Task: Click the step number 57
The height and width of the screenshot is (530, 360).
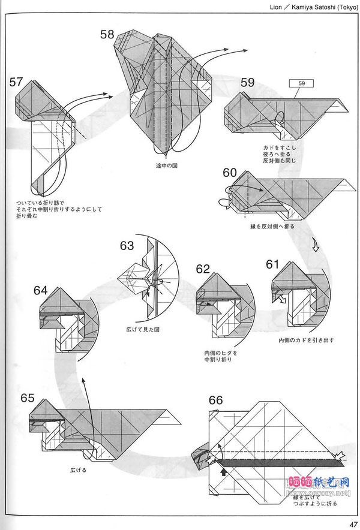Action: pyautogui.click(x=17, y=82)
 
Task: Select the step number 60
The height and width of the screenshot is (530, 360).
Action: pyautogui.click(x=230, y=173)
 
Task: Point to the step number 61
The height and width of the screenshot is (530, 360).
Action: pyautogui.click(x=273, y=264)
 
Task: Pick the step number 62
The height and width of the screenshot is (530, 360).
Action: pyautogui.click(x=203, y=269)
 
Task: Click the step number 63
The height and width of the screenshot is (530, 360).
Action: pyautogui.click(x=127, y=245)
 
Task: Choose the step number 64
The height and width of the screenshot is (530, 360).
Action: pyautogui.click(x=41, y=290)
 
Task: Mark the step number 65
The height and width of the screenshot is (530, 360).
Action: pyautogui.click(x=28, y=397)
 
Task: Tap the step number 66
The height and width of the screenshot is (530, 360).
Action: pyautogui.click(x=217, y=400)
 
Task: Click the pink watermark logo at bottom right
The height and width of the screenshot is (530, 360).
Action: pyautogui.click(x=319, y=483)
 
